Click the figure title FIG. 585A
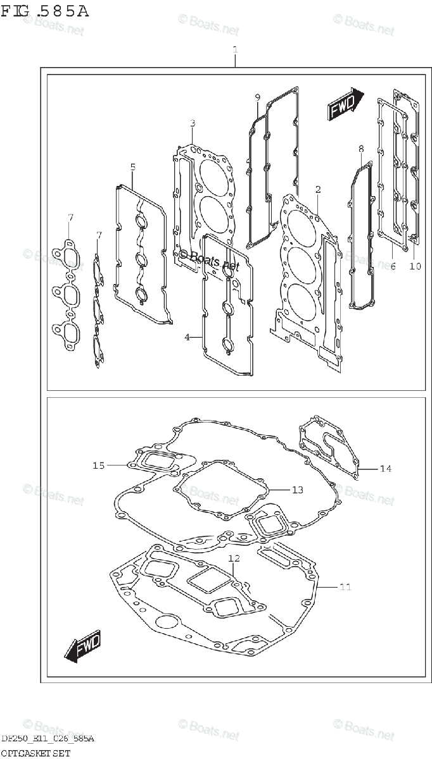click(x=45, y=11)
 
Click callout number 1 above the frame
click(x=235, y=49)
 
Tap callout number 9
click(x=258, y=97)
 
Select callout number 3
click(x=193, y=123)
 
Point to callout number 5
click(x=133, y=167)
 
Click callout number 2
click(x=317, y=189)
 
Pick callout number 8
click(x=360, y=149)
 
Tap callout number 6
click(x=393, y=267)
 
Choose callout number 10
click(x=415, y=267)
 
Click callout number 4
click(x=187, y=337)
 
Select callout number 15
click(x=98, y=466)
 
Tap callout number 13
click(x=298, y=490)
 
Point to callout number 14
click(x=386, y=469)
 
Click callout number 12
click(x=234, y=558)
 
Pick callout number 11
click(x=344, y=588)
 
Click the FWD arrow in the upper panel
click(x=345, y=104)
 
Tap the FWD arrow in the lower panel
click(x=82, y=648)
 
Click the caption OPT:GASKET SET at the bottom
click(x=35, y=753)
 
